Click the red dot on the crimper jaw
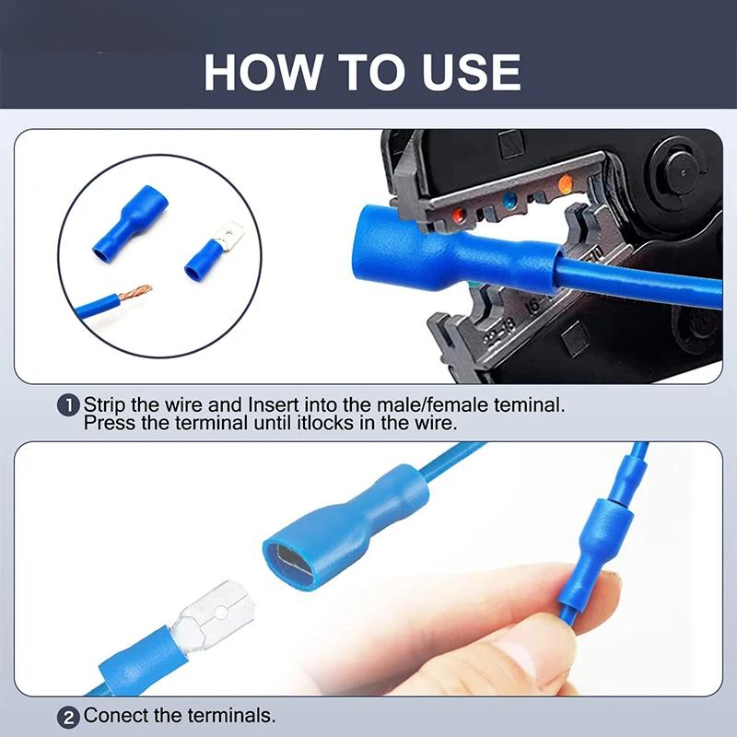(457, 215)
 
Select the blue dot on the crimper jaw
(509, 200)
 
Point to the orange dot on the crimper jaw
(565, 184)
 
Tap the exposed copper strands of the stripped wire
(135, 295)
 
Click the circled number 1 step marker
(69, 405)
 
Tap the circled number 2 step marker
(69, 716)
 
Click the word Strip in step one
(103, 404)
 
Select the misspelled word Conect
(114, 716)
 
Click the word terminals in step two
(230, 716)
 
